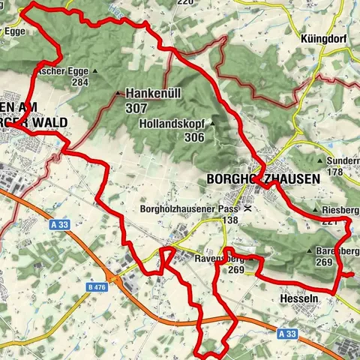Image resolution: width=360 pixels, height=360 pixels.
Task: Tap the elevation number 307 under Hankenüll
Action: pyautogui.click(x=136, y=108)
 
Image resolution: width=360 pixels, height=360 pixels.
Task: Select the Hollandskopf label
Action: pyautogui.click(x=173, y=124)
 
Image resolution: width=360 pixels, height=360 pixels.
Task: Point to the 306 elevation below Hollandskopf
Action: pyautogui.click(x=193, y=137)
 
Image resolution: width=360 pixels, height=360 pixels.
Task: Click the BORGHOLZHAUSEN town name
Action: pyautogui.click(x=262, y=180)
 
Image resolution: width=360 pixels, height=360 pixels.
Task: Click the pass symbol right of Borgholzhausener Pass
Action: pyautogui.click(x=247, y=209)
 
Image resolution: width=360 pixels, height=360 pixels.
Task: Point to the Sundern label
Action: pyautogui.click(x=343, y=160)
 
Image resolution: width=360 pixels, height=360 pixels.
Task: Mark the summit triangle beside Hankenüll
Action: pyautogui.click(x=118, y=94)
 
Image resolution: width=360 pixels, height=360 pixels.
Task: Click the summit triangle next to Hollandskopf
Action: pyautogui.click(x=212, y=124)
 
